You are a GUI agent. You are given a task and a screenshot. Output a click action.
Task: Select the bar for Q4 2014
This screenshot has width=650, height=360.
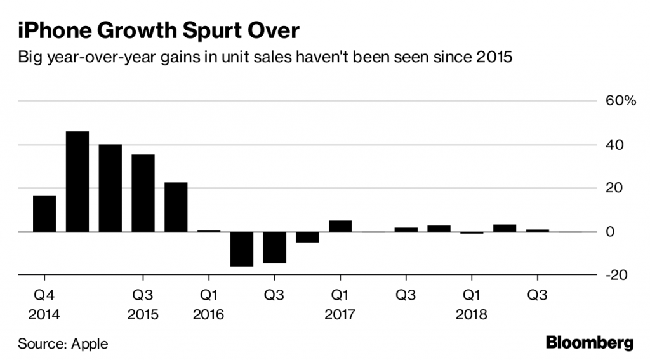click(44, 214)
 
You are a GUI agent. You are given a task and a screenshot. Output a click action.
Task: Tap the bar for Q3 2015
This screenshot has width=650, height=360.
click(143, 193)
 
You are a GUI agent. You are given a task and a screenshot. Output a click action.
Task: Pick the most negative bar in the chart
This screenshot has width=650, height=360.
click(242, 249)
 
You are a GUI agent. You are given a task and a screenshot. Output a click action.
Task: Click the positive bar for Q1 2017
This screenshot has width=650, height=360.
click(340, 226)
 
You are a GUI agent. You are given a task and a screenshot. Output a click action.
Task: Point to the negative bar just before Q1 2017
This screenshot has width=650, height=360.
click(307, 237)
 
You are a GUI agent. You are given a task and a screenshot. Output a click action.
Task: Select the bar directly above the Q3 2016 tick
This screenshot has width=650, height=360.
click(275, 248)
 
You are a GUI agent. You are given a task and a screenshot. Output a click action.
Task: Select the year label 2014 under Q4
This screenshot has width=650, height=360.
click(44, 315)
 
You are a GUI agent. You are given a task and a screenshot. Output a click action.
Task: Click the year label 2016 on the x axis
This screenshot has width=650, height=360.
click(209, 315)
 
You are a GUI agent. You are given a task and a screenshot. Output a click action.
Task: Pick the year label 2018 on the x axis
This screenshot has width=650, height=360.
click(471, 315)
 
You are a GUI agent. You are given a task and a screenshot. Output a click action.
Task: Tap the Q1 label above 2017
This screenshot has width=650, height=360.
click(340, 295)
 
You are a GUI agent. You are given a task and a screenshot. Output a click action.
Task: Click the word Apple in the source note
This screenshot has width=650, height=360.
click(90, 344)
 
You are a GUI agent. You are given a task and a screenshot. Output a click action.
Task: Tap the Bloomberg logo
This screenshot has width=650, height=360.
click(590, 343)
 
